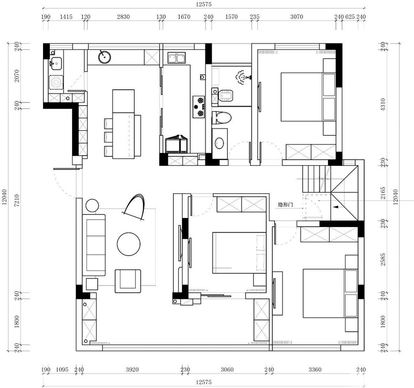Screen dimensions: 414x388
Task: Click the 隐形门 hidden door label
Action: click(x=286, y=205)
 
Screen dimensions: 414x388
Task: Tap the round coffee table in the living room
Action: click(x=129, y=244)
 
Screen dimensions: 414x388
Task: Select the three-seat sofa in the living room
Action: click(x=94, y=245)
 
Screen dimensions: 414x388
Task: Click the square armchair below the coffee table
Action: click(x=128, y=281)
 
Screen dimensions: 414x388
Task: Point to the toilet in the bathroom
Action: click(x=222, y=117)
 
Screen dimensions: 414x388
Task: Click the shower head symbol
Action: click(x=243, y=77)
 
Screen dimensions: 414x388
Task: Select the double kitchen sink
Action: click(x=177, y=58)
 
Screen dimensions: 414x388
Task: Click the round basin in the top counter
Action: click(x=105, y=57)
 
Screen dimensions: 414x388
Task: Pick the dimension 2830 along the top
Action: click(x=123, y=17)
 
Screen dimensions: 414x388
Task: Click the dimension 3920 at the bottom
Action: click(x=132, y=369)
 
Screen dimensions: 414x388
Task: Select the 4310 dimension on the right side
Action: click(x=383, y=105)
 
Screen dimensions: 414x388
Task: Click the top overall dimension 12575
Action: click(x=204, y=4)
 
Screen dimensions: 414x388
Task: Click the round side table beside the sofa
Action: click(x=92, y=206)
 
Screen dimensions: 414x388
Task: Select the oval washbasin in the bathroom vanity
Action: click(x=219, y=144)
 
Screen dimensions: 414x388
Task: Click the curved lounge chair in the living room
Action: click(x=134, y=207)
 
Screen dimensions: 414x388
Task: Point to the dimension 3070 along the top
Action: click(x=297, y=17)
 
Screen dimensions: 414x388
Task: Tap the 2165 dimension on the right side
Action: click(x=383, y=193)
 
